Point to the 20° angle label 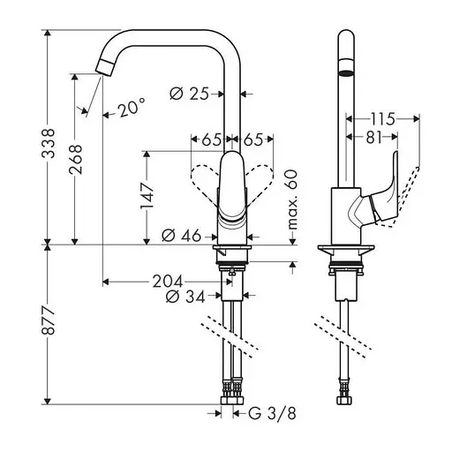(129, 109)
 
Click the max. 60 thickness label (294, 200)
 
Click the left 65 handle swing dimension (211, 138)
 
